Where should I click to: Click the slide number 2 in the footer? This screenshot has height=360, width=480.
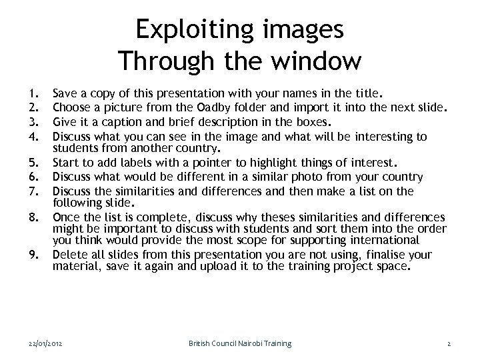click(x=449, y=343)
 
